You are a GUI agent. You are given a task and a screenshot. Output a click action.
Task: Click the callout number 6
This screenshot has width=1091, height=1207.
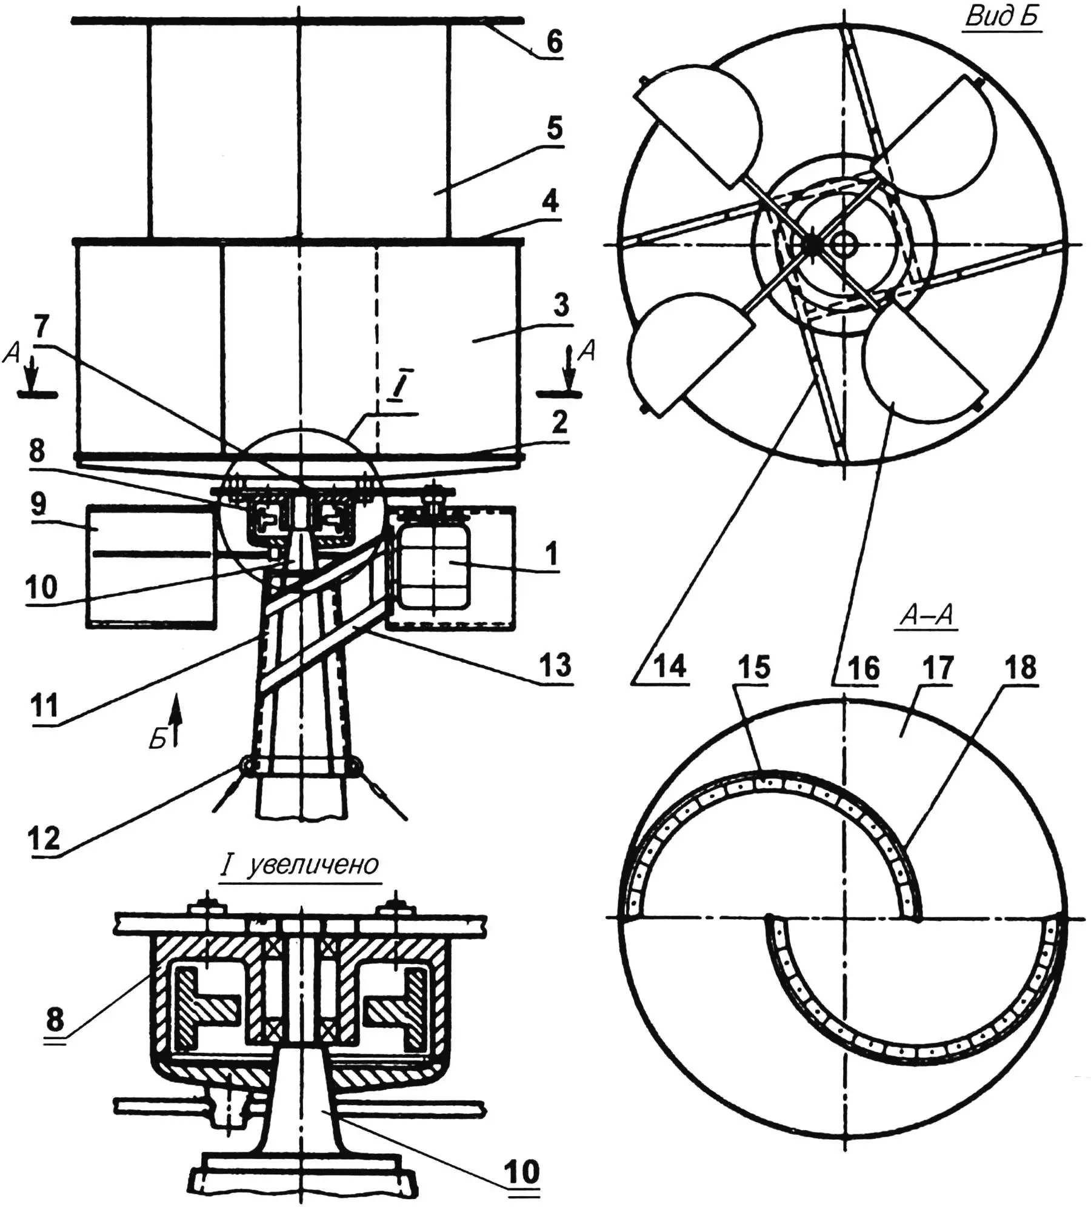554,42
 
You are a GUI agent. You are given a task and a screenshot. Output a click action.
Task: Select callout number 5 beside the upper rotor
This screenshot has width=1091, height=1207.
554,128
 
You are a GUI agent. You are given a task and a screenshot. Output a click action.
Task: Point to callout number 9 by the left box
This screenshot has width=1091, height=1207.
38,504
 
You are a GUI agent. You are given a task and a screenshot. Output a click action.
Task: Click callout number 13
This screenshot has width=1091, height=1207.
555,665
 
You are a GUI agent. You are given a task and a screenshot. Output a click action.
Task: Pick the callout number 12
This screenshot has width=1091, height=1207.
45,839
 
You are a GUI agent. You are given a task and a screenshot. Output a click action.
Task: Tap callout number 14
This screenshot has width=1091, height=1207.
670,667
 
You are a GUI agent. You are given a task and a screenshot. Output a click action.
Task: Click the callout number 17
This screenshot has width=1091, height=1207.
937,668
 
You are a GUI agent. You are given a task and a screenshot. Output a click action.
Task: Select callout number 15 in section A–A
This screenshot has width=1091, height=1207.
754,667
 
